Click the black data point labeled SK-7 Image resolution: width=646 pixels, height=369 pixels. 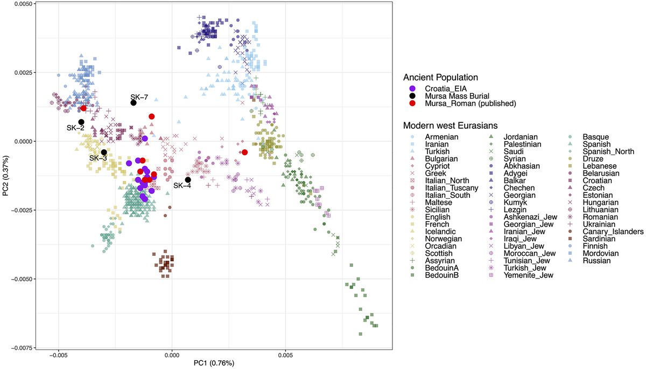pyautogui.click(x=133, y=103)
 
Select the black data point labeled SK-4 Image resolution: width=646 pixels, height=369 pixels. pyautogui.click(x=188, y=180)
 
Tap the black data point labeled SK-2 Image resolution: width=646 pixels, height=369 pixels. pyautogui.click(x=81, y=122)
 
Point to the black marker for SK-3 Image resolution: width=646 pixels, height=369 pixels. pyautogui.click(x=104, y=152)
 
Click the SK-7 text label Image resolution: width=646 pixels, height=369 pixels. pyautogui.click(x=139, y=96)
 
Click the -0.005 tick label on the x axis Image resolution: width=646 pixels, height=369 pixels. pyautogui.click(x=58, y=356)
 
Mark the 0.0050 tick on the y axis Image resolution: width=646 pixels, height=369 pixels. pyautogui.click(x=22, y=4)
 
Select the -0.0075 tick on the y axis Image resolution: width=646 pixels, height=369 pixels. pyautogui.click(x=20, y=347)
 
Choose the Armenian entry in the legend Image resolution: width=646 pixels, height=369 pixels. pyautogui.click(x=441, y=137)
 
